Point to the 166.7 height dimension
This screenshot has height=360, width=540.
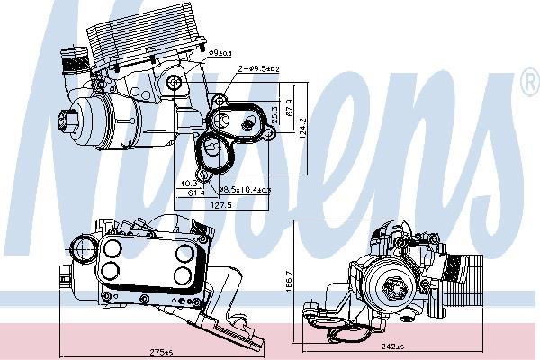(x=289, y=279)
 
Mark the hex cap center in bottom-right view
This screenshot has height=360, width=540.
(x=393, y=288)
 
